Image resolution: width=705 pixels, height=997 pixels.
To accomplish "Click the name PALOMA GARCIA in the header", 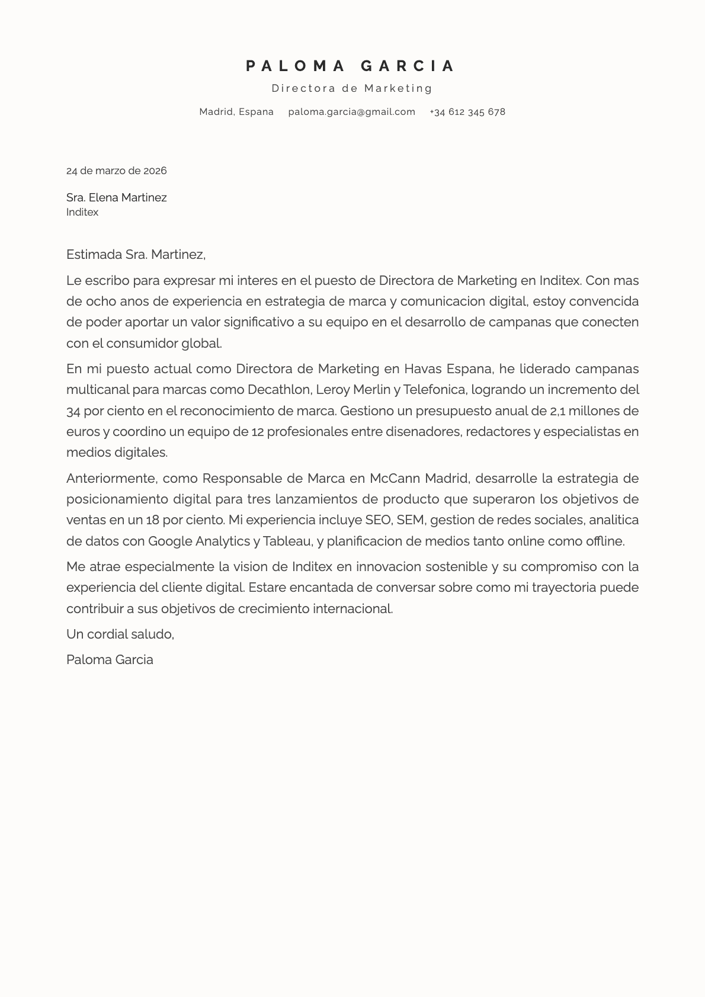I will tap(351, 66).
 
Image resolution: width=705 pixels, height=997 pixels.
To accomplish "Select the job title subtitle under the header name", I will tap(352, 88).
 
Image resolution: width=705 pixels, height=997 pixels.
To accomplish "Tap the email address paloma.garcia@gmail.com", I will tap(352, 112).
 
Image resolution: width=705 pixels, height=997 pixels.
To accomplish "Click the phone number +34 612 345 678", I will tap(467, 112).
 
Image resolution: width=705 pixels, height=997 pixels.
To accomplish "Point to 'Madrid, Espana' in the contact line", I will tap(236, 112).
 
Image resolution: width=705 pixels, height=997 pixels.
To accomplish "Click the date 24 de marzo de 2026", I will tap(117, 171).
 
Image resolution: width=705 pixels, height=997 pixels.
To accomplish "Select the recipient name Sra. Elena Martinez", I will tap(117, 197).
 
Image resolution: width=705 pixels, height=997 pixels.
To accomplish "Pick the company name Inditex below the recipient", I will tap(82, 212).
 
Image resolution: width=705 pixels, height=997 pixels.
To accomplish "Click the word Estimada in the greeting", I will tap(94, 255).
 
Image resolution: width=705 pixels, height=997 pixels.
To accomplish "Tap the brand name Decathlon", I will tap(279, 390).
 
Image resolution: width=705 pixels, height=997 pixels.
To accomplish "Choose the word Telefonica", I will tap(435, 390).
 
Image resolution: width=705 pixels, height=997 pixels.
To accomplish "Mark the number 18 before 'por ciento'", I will tap(152, 520).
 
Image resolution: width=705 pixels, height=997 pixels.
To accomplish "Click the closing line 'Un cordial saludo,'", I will tap(120, 634).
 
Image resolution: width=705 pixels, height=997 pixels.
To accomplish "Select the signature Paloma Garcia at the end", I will tap(110, 659).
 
